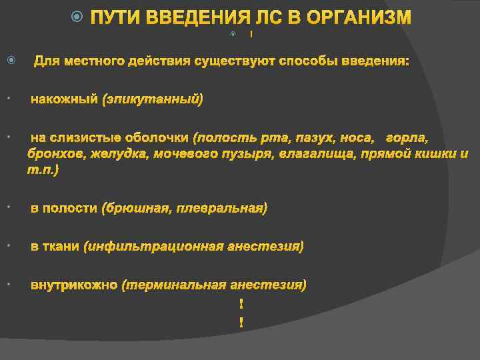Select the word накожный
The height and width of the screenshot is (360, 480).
coord(64,99)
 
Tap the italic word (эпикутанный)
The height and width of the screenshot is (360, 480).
coord(153,99)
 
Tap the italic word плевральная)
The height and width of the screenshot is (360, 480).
coord(223,209)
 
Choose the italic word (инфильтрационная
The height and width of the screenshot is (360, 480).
coord(153,247)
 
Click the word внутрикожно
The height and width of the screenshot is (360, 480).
coord(74,285)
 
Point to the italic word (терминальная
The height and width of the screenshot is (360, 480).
coord(174,285)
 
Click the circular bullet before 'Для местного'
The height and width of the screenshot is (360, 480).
coord(10,61)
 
